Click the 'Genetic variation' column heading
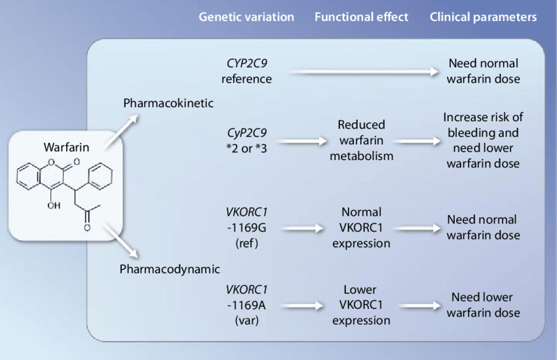click(246, 17)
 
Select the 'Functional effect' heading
click(361, 17)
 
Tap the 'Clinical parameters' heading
click(483, 17)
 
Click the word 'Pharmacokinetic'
click(168, 103)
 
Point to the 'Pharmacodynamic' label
click(170, 269)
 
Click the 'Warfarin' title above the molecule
click(66, 147)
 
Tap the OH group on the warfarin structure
click(54, 205)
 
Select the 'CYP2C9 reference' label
click(246, 71)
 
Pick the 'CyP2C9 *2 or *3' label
click(246, 140)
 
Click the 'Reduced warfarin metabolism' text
click(361, 140)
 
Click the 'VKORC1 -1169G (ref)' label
click(246, 228)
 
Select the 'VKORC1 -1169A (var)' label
click(246, 305)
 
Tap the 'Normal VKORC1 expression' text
click(361, 228)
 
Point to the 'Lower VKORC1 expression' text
click(361, 305)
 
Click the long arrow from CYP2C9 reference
click(364, 71)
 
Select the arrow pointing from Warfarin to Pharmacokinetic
click(121, 131)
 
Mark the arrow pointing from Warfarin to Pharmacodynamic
click(121, 241)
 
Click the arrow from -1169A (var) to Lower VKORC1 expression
click(302, 306)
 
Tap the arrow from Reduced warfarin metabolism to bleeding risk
click(418, 142)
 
